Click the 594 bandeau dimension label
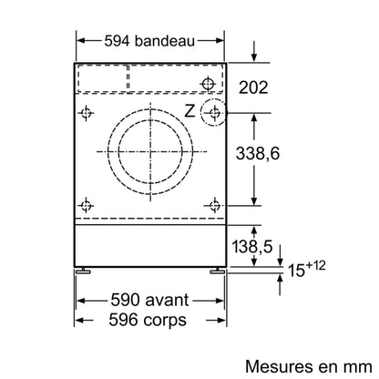(x=149, y=41)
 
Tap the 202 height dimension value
(x=253, y=87)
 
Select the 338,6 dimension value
(x=258, y=153)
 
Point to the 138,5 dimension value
(x=252, y=246)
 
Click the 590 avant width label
(x=149, y=300)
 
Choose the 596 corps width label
(x=148, y=320)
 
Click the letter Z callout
(x=189, y=111)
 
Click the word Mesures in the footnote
(x=276, y=366)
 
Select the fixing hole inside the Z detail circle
(x=215, y=113)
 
